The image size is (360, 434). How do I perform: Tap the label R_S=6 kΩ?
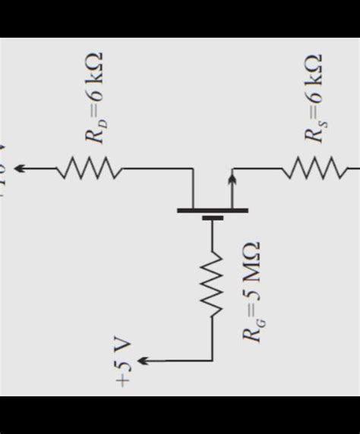(313, 98)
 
